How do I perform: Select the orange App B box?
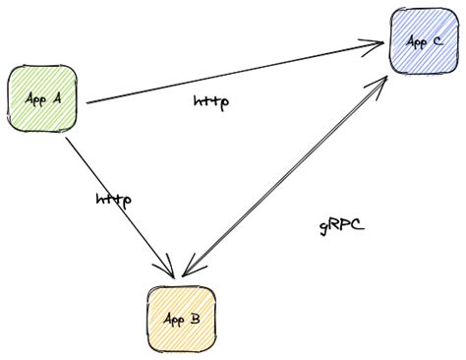[x=182, y=320]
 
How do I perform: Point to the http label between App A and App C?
[x=212, y=101]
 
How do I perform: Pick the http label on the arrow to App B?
[x=114, y=199]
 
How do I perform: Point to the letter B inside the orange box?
[x=195, y=320]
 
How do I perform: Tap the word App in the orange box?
[x=173, y=321]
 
